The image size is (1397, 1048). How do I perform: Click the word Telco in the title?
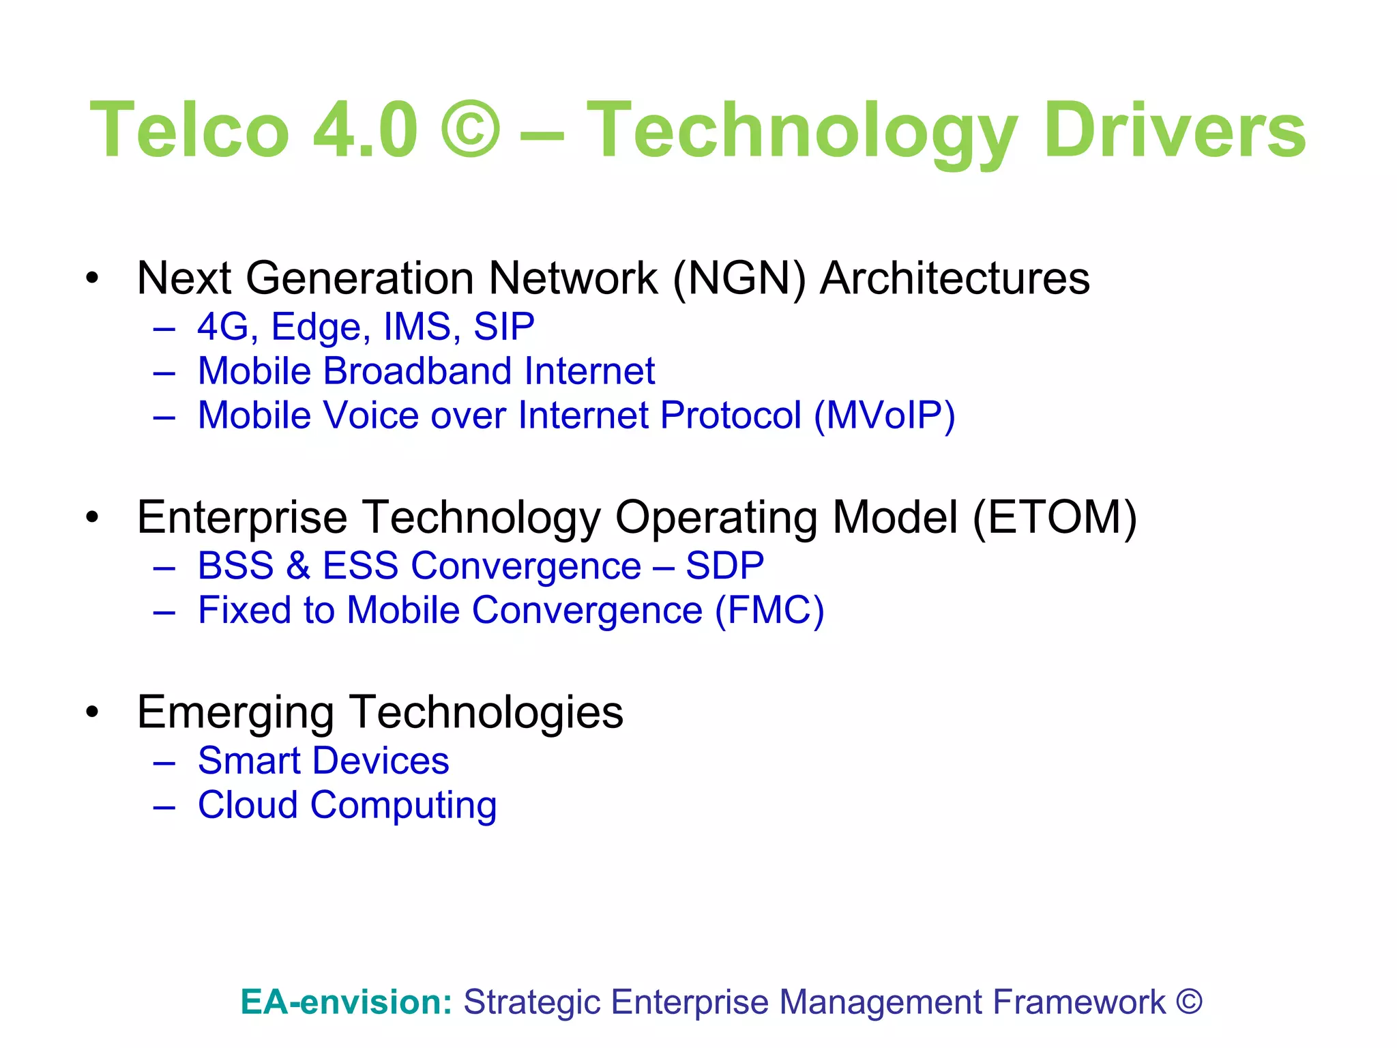coord(190,130)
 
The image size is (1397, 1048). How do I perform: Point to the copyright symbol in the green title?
coord(470,130)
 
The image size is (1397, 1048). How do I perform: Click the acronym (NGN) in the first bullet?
coord(739,278)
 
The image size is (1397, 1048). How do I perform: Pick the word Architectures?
coord(954,278)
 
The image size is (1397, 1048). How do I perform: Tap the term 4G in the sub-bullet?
coord(222,327)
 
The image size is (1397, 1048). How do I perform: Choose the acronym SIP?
coord(503,327)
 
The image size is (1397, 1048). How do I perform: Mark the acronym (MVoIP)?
coord(884,416)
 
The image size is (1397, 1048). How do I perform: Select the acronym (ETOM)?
coord(1055,517)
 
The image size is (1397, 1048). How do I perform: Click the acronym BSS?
coord(235,566)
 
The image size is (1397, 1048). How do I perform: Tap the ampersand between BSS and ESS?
coord(298,566)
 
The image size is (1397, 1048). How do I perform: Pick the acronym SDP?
coord(724,566)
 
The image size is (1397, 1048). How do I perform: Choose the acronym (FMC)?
coord(769,611)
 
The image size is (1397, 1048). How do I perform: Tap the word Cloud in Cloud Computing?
coord(248,805)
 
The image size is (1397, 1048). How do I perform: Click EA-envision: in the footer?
coord(347,1002)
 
